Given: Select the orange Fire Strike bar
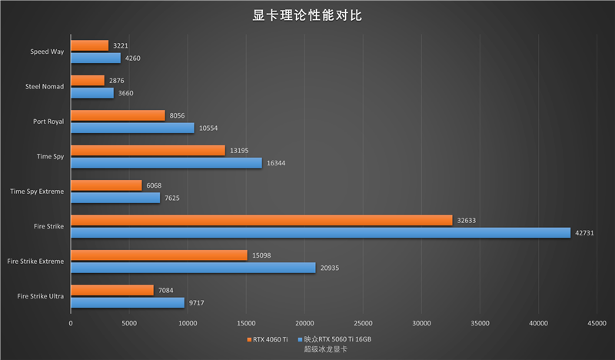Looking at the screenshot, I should pos(261,220).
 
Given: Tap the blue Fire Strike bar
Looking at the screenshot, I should pos(321,232).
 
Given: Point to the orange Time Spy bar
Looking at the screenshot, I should pos(148,150).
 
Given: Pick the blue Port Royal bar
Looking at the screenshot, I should pos(132,128).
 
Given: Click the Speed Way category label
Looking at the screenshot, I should pos(47,52).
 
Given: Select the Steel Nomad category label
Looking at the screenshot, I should pos(45,86).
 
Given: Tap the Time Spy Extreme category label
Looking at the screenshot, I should pos(37,191).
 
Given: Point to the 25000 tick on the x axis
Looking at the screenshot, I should pos(363,323).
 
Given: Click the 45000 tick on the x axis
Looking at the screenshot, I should pos(597,323).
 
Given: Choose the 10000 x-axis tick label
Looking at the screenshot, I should pos(187,323).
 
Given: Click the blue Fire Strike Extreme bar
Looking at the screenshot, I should pos(193,268).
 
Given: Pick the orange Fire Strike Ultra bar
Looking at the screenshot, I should pos(112,290).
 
